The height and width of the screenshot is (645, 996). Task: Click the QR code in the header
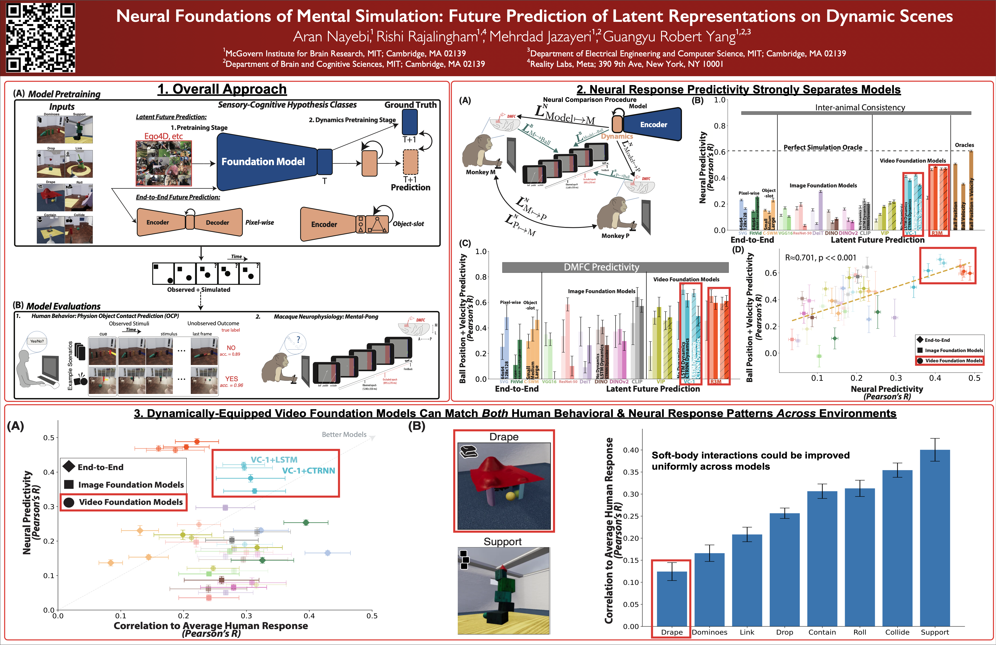pos(41,38)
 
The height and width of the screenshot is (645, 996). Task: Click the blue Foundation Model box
pos(263,161)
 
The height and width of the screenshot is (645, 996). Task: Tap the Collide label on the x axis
pos(897,632)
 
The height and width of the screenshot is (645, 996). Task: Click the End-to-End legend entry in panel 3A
pos(101,467)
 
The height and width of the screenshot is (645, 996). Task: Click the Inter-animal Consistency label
pos(860,108)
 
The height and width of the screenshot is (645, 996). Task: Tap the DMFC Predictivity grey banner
pos(601,267)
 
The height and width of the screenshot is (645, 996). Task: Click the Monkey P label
pos(615,236)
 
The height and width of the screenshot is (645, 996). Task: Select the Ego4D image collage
pos(164,163)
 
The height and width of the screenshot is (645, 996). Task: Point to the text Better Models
pos(344,434)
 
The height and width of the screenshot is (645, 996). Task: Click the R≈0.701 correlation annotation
pos(820,258)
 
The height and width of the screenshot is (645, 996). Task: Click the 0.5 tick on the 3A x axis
pos(372,616)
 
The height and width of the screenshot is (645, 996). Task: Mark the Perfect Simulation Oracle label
pos(823,147)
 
